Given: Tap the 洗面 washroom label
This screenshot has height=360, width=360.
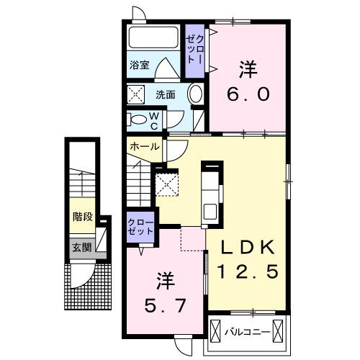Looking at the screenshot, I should click(166, 94).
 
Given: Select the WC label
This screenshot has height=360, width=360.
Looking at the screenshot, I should click(153, 120).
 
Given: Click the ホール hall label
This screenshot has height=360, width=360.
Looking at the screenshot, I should click(145, 146).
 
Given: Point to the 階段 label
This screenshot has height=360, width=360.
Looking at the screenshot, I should click(81, 215).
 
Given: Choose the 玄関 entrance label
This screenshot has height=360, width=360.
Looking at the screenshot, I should click(81, 247).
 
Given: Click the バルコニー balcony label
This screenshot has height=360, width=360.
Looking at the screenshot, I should click(246, 333).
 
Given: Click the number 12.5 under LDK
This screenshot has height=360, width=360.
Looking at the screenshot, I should click(249, 272).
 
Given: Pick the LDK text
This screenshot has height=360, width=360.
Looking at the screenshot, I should click(248, 246).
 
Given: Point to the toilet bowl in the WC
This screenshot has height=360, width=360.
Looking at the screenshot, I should click(138, 120).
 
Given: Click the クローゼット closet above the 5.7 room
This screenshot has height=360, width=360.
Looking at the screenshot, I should click(140, 228).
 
